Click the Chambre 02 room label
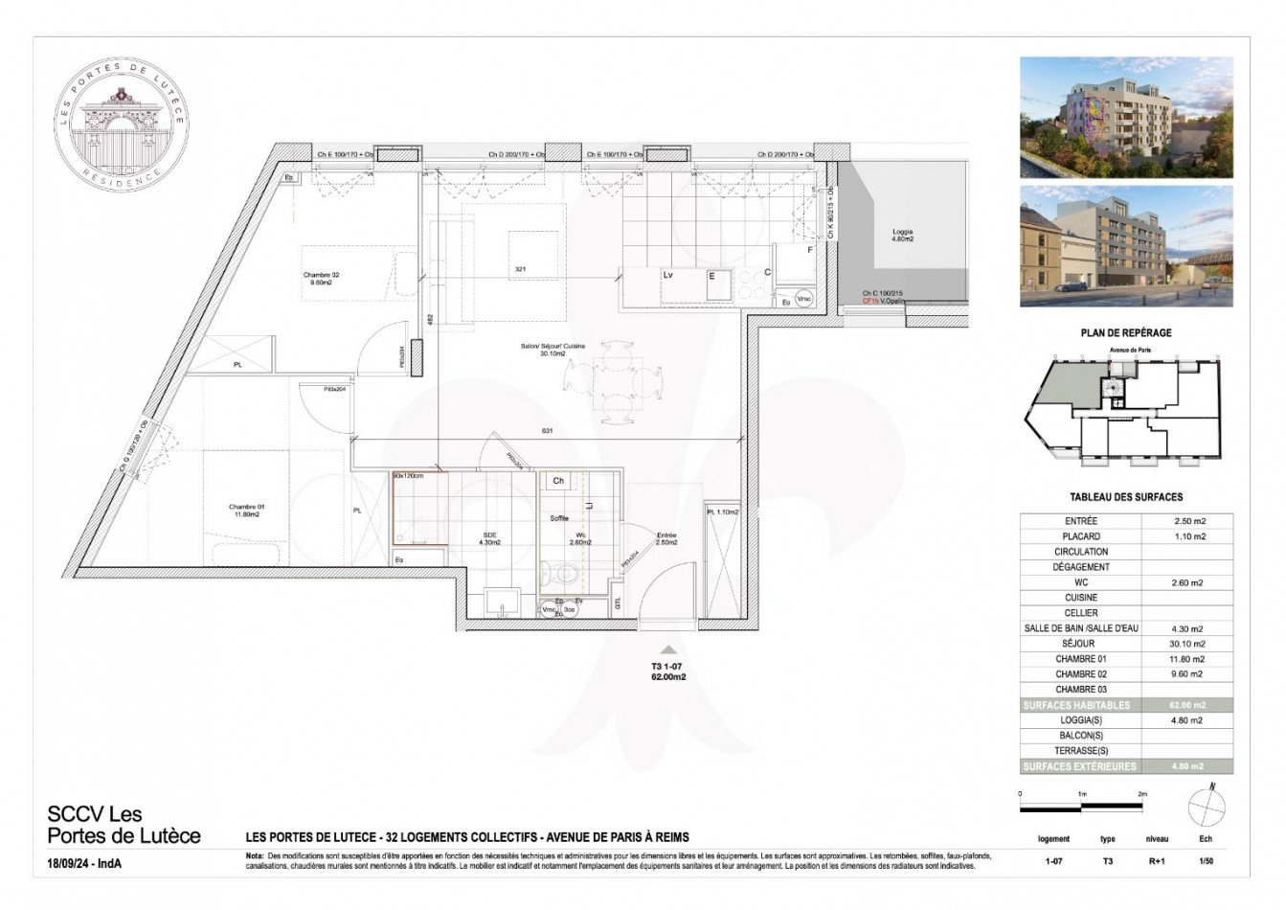pos(321,279)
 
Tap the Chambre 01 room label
pos(244,511)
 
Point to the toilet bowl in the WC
pos(568,576)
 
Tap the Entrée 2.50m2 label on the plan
pos(666,539)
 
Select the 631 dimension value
pos(548,431)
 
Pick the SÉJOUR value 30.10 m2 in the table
pos(1187,644)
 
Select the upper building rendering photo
pos(1126,117)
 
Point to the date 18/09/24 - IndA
pos(85,863)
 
